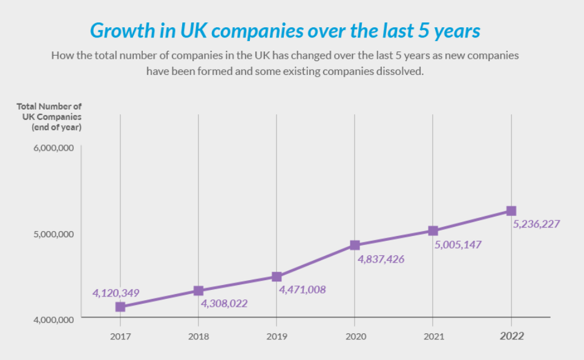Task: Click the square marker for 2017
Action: tap(120, 307)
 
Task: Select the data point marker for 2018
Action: tap(198, 291)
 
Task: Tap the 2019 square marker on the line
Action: tap(277, 277)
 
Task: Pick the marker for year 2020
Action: tap(355, 245)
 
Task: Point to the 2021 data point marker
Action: tap(433, 231)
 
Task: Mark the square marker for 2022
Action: tap(511, 211)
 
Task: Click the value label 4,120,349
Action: tap(116, 293)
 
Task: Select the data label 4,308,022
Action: tap(224, 303)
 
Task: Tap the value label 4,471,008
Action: tap(302, 290)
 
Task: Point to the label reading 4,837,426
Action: tap(381, 259)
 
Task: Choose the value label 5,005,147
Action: tap(458, 244)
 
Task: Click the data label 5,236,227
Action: tap(536, 224)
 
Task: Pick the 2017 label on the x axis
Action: tap(120, 336)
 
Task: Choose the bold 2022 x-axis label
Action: tap(511, 336)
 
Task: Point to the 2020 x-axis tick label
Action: tap(355, 336)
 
